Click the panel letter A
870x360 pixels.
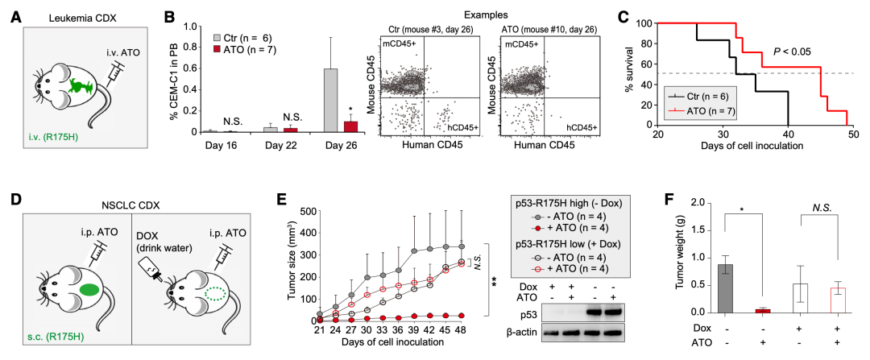[15, 14]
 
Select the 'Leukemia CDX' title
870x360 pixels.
[75, 16]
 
